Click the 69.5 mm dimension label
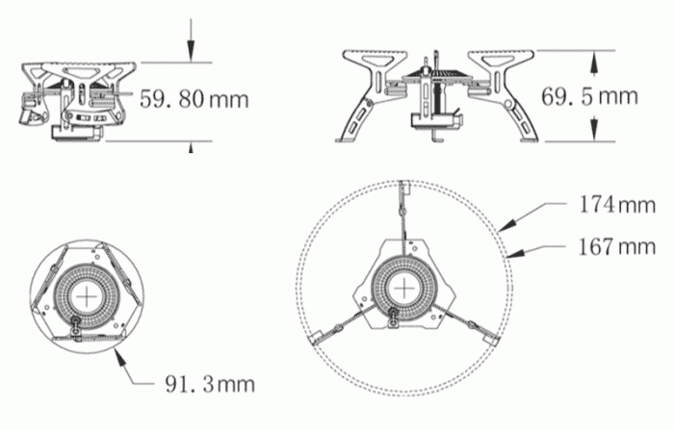[x=589, y=96]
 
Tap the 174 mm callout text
[x=617, y=205]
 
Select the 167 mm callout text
[x=617, y=247]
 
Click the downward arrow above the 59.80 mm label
[x=194, y=53]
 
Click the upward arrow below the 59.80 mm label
[x=194, y=145]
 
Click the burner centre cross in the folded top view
[x=91, y=296]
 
